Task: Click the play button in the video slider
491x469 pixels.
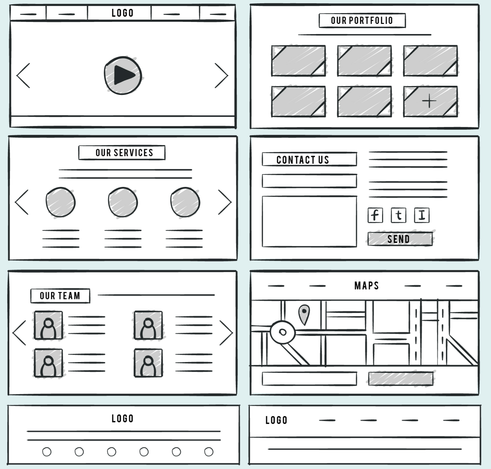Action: click(123, 75)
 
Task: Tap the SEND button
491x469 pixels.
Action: click(400, 239)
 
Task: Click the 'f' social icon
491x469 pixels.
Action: click(375, 215)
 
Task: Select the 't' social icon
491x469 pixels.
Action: click(398, 215)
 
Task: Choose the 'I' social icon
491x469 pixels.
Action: click(422, 215)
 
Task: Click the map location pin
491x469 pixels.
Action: click(304, 314)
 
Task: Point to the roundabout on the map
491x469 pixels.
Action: click(282, 332)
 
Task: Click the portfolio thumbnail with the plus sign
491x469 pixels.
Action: click(430, 101)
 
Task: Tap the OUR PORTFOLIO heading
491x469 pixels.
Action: click(362, 21)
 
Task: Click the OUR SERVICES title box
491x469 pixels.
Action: click(122, 153)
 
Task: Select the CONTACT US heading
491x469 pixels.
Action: click(309, 160)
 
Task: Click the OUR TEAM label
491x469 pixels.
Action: click(60, 296)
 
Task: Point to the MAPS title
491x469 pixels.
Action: click(366, 286)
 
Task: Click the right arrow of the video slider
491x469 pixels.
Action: click(222, 76)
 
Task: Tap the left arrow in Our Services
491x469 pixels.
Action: click(22, 202)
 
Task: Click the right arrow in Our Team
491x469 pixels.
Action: click(226, 333)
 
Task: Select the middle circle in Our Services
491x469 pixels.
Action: click(123, 202)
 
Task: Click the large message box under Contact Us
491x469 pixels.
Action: click(309, 221)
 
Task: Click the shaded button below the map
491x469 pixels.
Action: click(401, 379)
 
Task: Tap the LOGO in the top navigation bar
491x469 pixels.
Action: click(122, 13)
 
